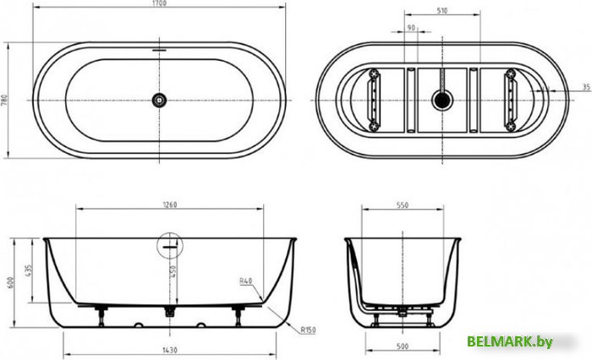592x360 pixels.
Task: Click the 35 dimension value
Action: point(585,87)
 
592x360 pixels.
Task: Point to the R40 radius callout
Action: point(246,281)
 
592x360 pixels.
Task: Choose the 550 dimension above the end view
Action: point(403,204)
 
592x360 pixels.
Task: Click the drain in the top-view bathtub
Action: point(159,100)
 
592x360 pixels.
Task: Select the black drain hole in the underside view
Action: point(440,100)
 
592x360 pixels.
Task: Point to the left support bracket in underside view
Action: point(374,100)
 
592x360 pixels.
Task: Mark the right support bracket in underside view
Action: point(512,100)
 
